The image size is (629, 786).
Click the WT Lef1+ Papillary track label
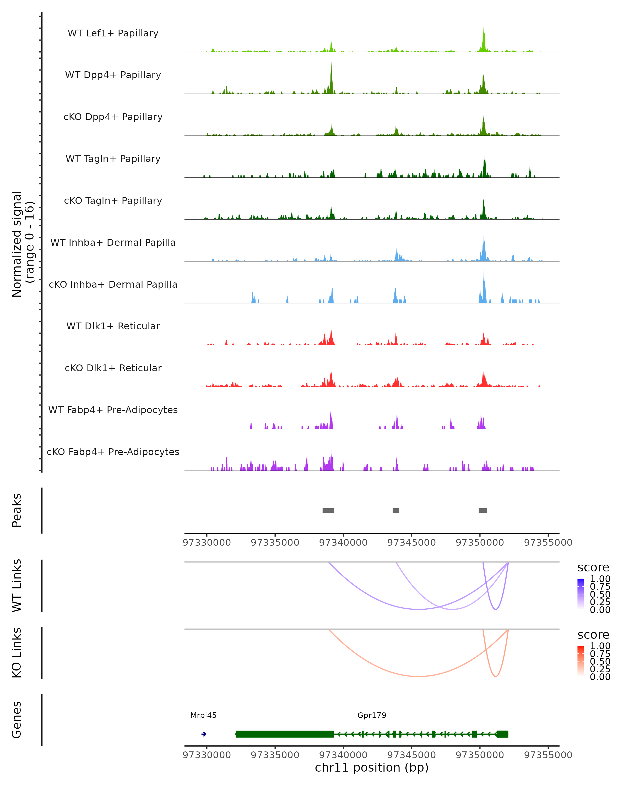tap(113, 33)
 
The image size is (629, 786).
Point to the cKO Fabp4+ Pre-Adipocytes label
tap(113, 452)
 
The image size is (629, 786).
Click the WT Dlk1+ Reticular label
tap(113, 326)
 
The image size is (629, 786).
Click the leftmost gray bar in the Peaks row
tap(328, 510)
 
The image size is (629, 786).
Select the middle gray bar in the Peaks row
tap(396, 510)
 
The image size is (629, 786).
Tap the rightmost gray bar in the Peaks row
tap(483, 510)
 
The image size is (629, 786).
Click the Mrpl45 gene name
tap(203, 715)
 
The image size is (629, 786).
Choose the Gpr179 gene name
tap(372, 715)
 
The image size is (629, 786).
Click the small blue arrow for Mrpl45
tap(204, 734)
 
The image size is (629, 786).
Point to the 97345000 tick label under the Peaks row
tap(411, 543)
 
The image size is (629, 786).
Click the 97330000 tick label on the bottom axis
tap(207, 755)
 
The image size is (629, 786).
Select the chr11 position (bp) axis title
tap(372, 767)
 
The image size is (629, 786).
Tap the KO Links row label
tap(17, 653)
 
